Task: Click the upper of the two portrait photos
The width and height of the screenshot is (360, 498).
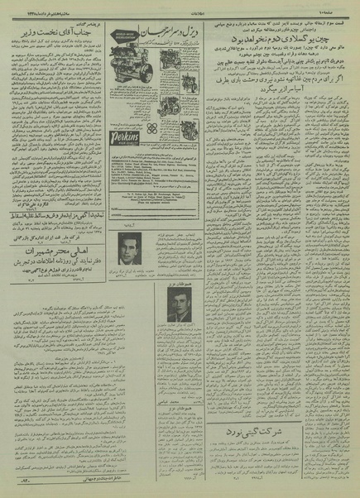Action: tap(130, 248)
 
